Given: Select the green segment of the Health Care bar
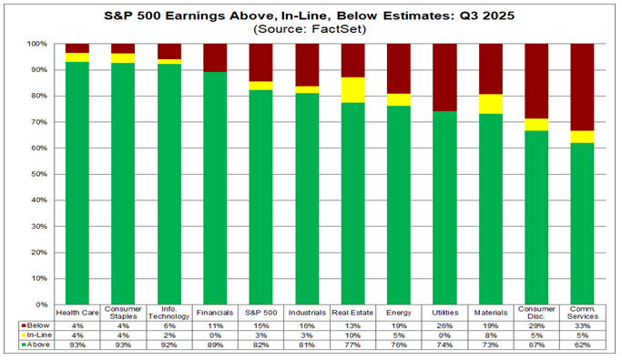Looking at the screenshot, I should [77, 182].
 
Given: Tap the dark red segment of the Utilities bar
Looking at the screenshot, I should [445, 77].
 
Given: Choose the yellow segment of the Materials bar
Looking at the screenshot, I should [492, 104].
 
